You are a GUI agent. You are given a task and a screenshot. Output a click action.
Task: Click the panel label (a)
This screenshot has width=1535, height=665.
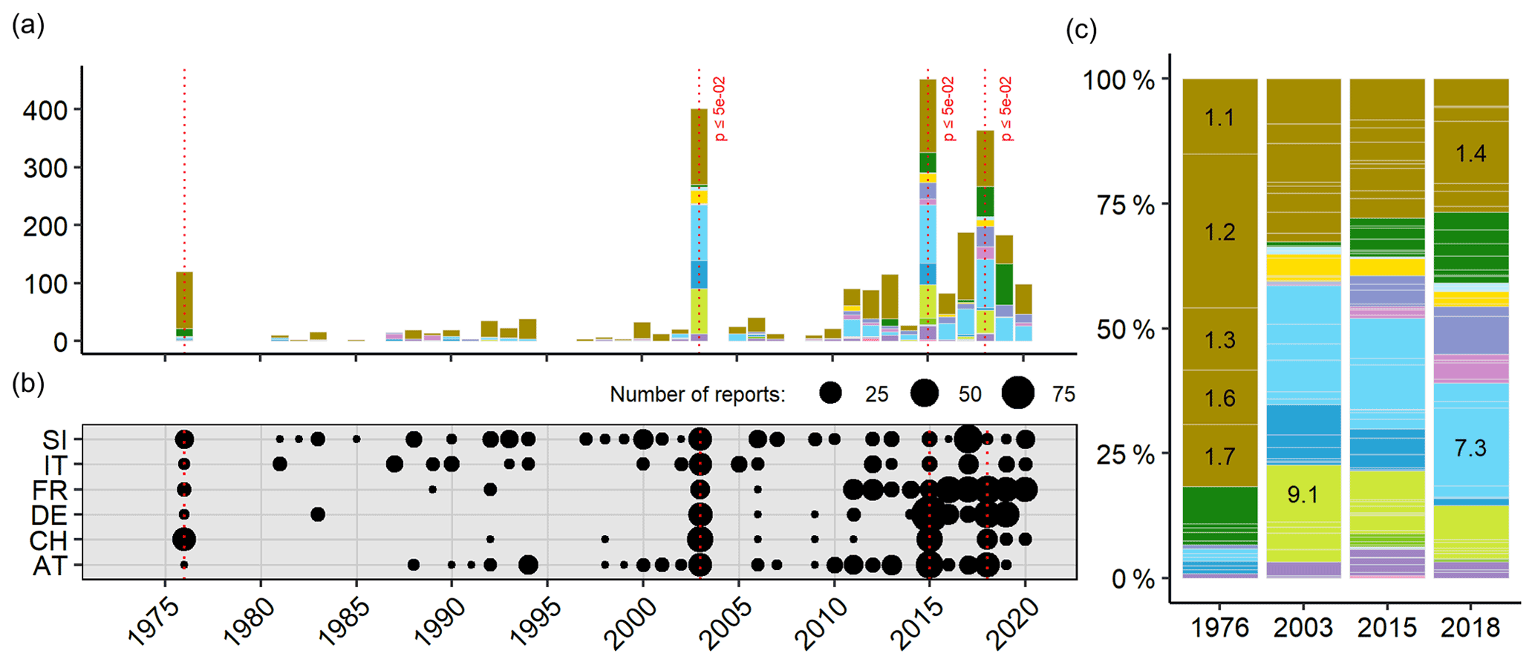pyautogui.click(x=28, y=27)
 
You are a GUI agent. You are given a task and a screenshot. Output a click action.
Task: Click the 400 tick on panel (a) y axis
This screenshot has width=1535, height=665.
pyautogui.click(x=46, y=111)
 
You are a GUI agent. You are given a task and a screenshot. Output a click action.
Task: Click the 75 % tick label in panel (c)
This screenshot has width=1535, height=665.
pyautogui.click(x=1125, y=205)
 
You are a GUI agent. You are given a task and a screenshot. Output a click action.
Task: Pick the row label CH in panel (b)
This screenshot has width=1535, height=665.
pyautogui.click(x=48, y=540)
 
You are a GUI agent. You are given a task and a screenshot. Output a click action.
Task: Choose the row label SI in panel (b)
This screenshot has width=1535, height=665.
pyautogui.click(x=54, y=440)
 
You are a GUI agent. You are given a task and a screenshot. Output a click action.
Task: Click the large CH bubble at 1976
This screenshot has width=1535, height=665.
pyautogui.click(x=184, y=539)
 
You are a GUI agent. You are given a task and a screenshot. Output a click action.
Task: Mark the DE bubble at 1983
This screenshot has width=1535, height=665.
pyautogui.click(x=318, y=514)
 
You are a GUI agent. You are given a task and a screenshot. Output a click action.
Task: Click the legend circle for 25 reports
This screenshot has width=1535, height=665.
pyautogui.click(x=830, y=393)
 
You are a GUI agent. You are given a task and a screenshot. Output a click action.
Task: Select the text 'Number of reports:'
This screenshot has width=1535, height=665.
pyautogui.click(x=697, y=394)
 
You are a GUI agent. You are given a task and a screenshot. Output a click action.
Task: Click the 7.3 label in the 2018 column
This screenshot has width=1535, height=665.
pyautogui.click(x=1470, y=448)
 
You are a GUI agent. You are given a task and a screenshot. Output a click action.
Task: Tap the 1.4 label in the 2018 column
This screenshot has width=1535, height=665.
pyautogui.click(x=1470, y=154)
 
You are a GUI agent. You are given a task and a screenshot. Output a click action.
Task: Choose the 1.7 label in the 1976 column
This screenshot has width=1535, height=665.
pyautogui.click(x=1219, y=456)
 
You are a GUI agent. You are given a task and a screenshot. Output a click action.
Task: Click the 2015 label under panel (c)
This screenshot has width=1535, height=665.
pyautogui.click(x=1386, y=628)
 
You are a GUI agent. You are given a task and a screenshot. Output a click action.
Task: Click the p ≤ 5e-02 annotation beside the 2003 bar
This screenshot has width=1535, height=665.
pyautogui.click(x=719, y=108)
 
